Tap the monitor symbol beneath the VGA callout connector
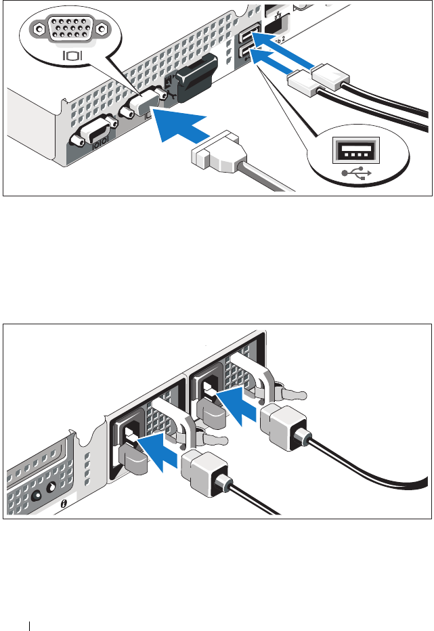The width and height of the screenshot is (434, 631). (72, 54)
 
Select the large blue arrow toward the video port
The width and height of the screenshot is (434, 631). (178, 129)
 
